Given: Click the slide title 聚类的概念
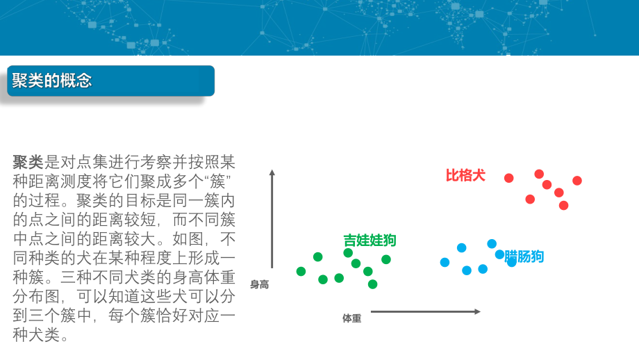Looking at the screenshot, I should [x=52, y=81].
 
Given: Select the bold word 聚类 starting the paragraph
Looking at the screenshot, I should [x=28, y=163].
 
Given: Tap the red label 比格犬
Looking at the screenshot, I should [x=465, y=175].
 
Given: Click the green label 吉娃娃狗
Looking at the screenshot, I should [x=370, y=240].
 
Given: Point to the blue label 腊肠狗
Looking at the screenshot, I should [x=525, y=256].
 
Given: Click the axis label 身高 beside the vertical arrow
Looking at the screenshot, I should [x=259, y=284].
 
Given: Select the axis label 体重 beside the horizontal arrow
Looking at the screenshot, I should [x=351, y=318].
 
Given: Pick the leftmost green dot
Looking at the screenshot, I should [x=301, y=271].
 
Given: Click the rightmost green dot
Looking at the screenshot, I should [x=386, y=259].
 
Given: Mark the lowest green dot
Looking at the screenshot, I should [x=372, y=284].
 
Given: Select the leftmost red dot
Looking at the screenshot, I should [x=509, y=178].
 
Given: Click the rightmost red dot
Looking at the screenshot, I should [x=577, y=181].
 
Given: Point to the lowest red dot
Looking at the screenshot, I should [x=563, y=205].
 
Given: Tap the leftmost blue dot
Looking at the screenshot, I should [x=445, y=262].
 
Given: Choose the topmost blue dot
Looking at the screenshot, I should [x=492, y=243].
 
